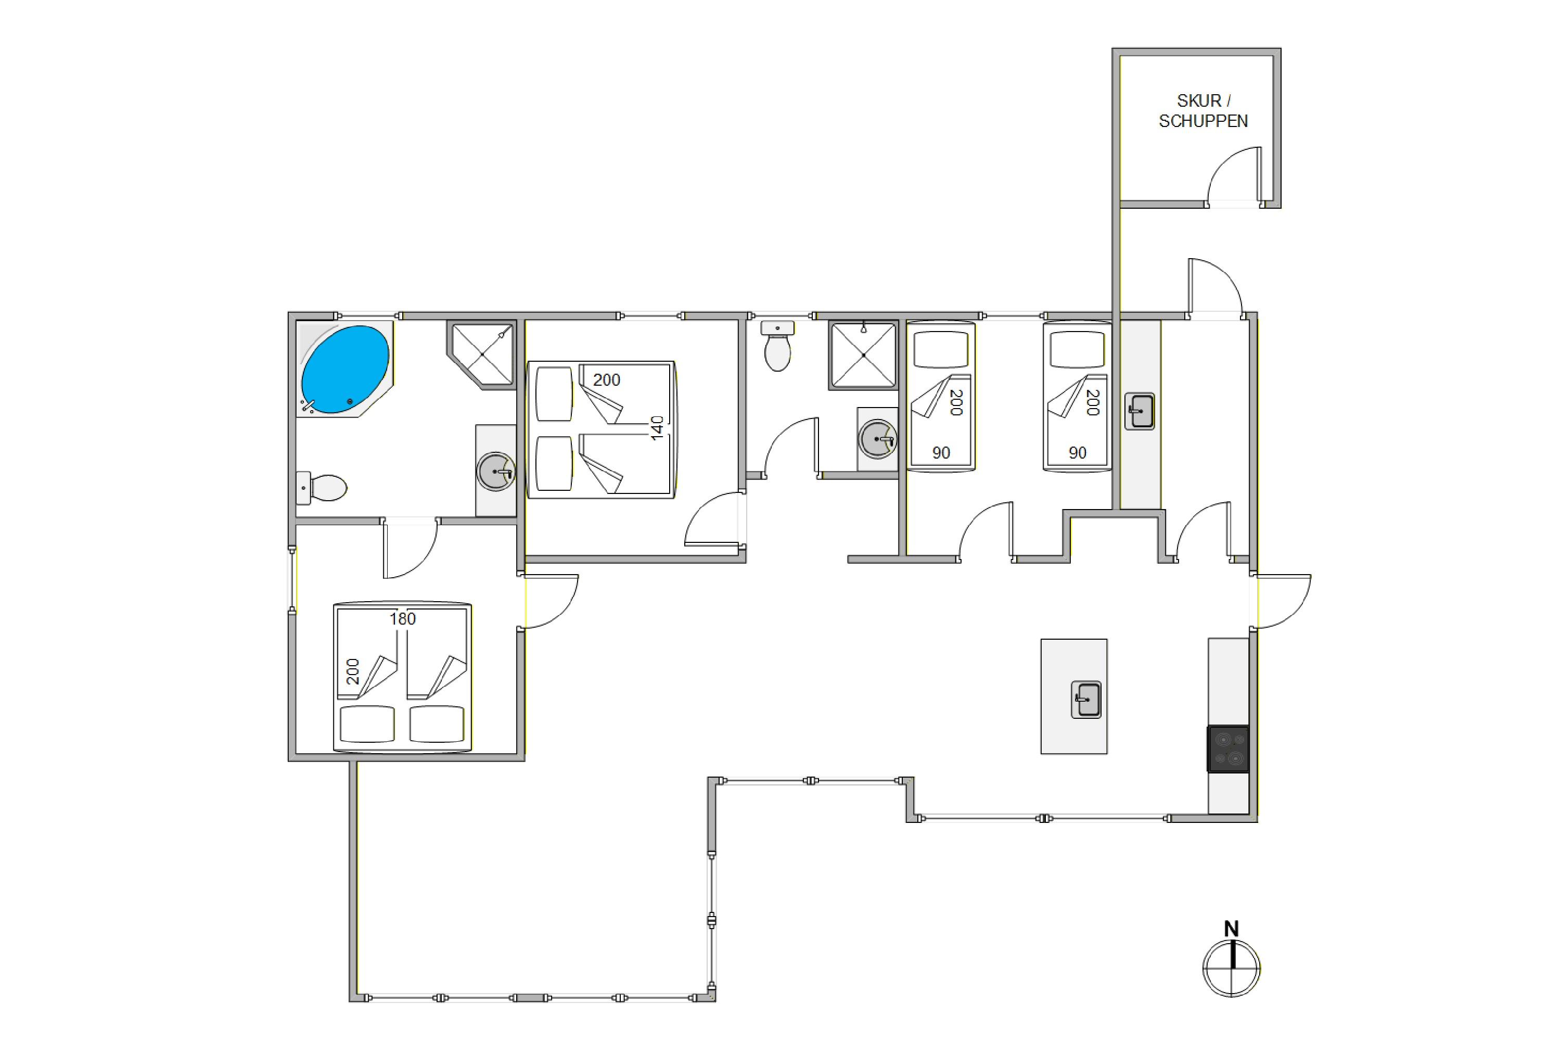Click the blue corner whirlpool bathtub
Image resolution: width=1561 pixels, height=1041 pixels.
tap(344, 369)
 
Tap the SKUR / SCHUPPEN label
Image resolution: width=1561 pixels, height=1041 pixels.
tap(1202, 111)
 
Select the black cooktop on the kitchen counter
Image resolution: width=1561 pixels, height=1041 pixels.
tap(1228, 749)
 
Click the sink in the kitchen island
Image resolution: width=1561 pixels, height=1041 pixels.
tap(1086, 700)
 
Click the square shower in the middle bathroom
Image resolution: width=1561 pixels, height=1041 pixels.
tap(863, 355)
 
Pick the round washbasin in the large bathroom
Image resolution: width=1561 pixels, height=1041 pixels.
tap(496, 472)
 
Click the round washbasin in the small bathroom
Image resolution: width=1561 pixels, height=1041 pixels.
tap(877, 439)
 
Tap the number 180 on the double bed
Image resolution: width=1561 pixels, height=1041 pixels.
tap(402, 619)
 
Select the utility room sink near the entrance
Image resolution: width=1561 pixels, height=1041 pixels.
tap(1140, 411)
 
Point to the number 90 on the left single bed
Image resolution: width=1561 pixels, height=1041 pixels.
tap(941, 453)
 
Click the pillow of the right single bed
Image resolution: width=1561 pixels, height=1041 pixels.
tap(1077, 349)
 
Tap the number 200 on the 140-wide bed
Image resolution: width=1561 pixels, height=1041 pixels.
tap(606, 380)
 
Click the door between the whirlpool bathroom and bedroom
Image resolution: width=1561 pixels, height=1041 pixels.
tap(410, 550)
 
